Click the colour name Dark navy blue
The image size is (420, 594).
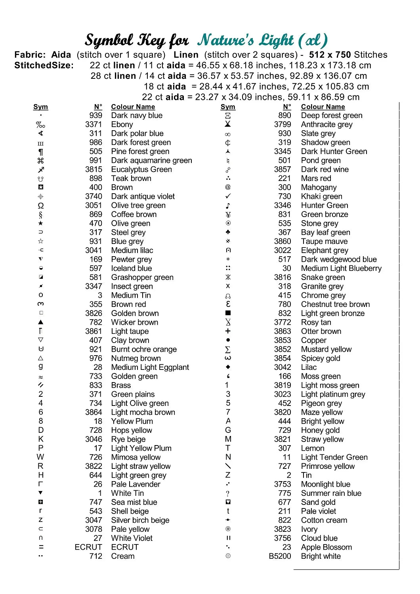coord(137,116)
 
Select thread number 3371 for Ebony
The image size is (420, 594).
coord(94,124)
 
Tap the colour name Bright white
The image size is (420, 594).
coord(321,556)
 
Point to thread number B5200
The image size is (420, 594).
coord(280,556)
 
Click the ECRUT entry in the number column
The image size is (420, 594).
coord(88,547)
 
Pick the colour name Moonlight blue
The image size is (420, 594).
coord(325,484)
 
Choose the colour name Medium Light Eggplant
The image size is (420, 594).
coord(150,367)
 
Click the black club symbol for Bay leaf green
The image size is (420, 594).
coord(228,232)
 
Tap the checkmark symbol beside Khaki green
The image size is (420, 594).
coord(228,196)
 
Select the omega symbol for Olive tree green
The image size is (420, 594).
coord(41,206)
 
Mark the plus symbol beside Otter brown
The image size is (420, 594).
coord(228,331)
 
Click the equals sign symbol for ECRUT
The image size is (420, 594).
coord(41,547)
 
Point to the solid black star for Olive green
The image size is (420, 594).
coord(41,223)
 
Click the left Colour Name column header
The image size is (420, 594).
coord(133,107)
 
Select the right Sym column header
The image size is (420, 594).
coord(228,107)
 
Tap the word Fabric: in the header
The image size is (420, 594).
coord(30,55)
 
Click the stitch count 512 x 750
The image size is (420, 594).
coord(330,55)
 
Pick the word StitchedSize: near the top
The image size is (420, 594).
coord(44,65)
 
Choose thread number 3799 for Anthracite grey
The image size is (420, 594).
coord(282,124)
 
